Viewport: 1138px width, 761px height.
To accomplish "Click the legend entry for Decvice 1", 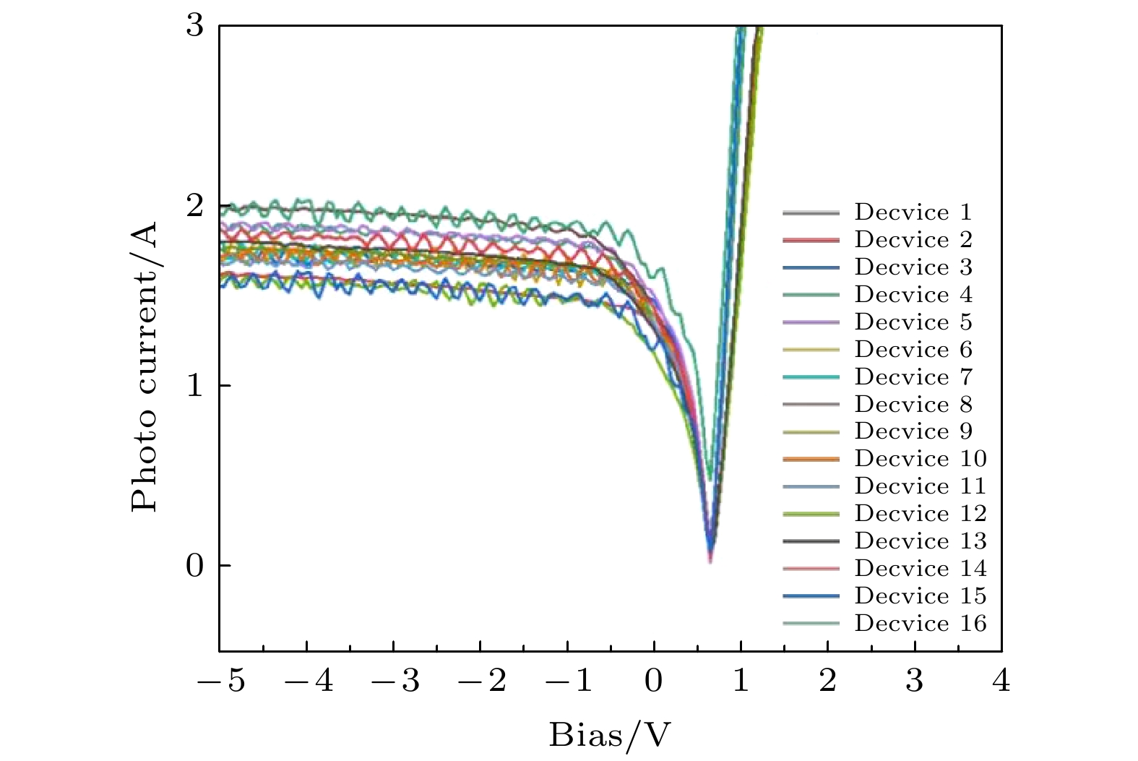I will (x=913, y=212).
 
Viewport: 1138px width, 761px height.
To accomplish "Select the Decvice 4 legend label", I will (x=913, y=295).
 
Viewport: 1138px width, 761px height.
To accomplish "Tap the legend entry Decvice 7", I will (x=913, y=377).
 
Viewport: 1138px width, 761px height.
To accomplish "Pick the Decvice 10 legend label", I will (x=920, y=459).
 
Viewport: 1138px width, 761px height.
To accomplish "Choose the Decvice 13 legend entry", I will (x=920, y=541).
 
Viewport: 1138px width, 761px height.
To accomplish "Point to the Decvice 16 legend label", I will (x=920, y=624).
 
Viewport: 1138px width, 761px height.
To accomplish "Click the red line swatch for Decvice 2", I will (x=811, y=240).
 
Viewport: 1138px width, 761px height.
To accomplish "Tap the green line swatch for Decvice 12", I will (x=811, y=514).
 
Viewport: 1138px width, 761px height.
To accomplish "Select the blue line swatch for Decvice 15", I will (x=811, y=596).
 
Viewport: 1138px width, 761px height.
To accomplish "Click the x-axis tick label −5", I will (x=221, y=681).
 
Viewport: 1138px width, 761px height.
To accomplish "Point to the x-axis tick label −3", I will (x=395, y=681).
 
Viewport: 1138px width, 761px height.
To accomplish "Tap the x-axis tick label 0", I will (x=654, y=681).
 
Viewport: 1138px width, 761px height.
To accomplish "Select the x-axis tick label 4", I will (x=1001, y=681).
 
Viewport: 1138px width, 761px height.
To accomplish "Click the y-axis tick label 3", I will (x=195, y=26).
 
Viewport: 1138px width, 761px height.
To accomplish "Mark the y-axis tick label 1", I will (x=195, y=386).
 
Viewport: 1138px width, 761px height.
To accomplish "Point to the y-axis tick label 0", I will (x=195, y=565).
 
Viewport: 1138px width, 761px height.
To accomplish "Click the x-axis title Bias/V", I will (x=611, y=736).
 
